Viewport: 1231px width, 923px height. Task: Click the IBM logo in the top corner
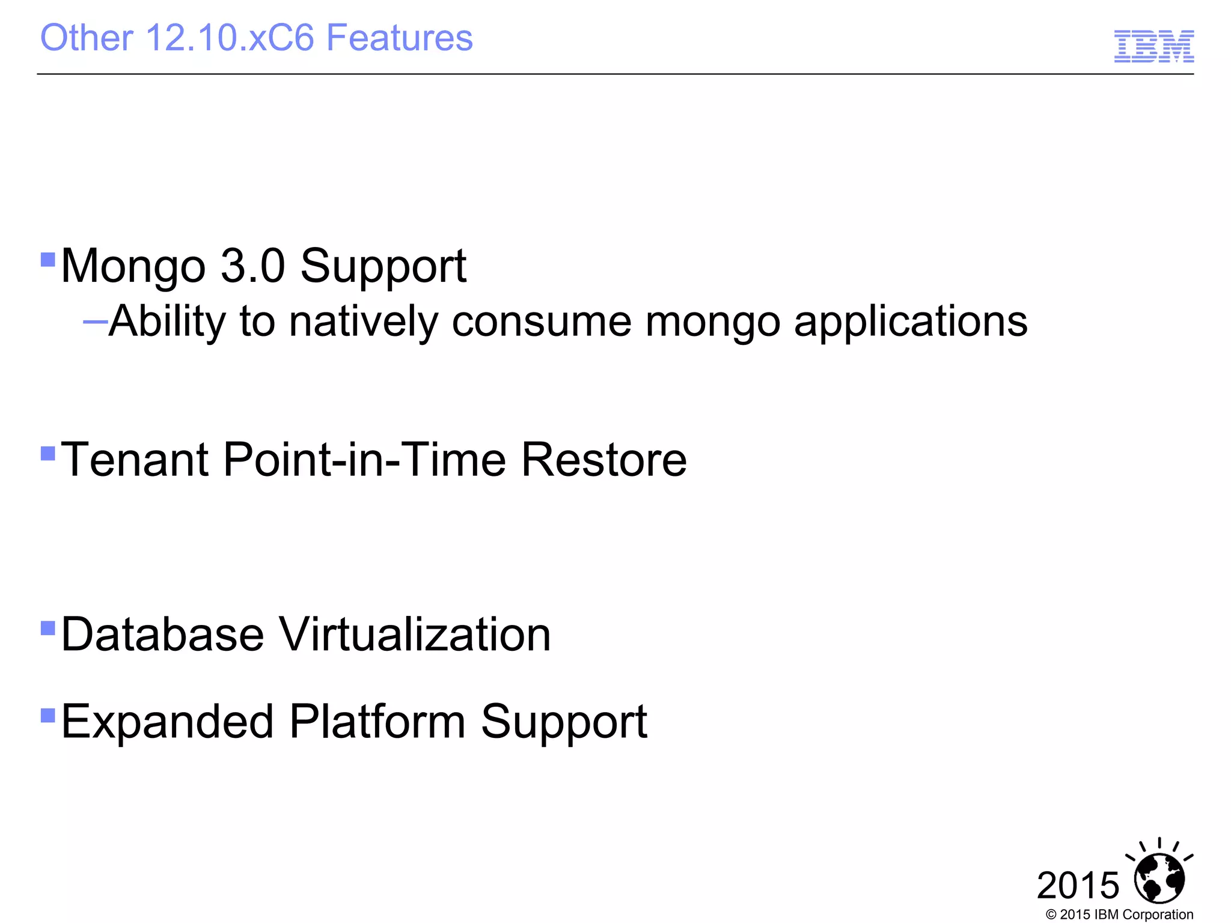point(1153,46)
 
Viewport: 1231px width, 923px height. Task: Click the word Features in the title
point(399,38)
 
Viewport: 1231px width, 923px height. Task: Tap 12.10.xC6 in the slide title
point(230,38)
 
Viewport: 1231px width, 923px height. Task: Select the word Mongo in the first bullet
point(133,266)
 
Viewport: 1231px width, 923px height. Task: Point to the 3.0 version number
point(252,266)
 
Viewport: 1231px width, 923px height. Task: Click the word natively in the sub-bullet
point(363,321)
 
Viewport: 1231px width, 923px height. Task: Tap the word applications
point(910,323)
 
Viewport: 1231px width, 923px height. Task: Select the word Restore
point(603,460)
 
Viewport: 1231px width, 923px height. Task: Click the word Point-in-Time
point(364,460)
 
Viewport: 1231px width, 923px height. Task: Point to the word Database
point(162,635)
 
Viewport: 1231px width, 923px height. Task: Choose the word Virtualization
point(415,635)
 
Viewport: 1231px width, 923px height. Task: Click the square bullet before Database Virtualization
point(47,629)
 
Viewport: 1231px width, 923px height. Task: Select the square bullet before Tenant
point(47,452)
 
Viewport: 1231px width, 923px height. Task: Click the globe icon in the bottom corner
point(1159,878)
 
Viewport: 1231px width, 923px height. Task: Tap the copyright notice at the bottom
point(1119,915)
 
